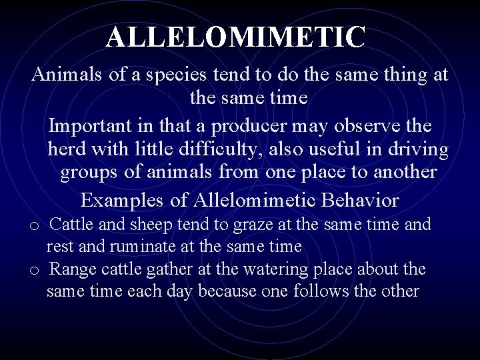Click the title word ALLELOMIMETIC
coord(236,37)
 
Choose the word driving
coord(415,149)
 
